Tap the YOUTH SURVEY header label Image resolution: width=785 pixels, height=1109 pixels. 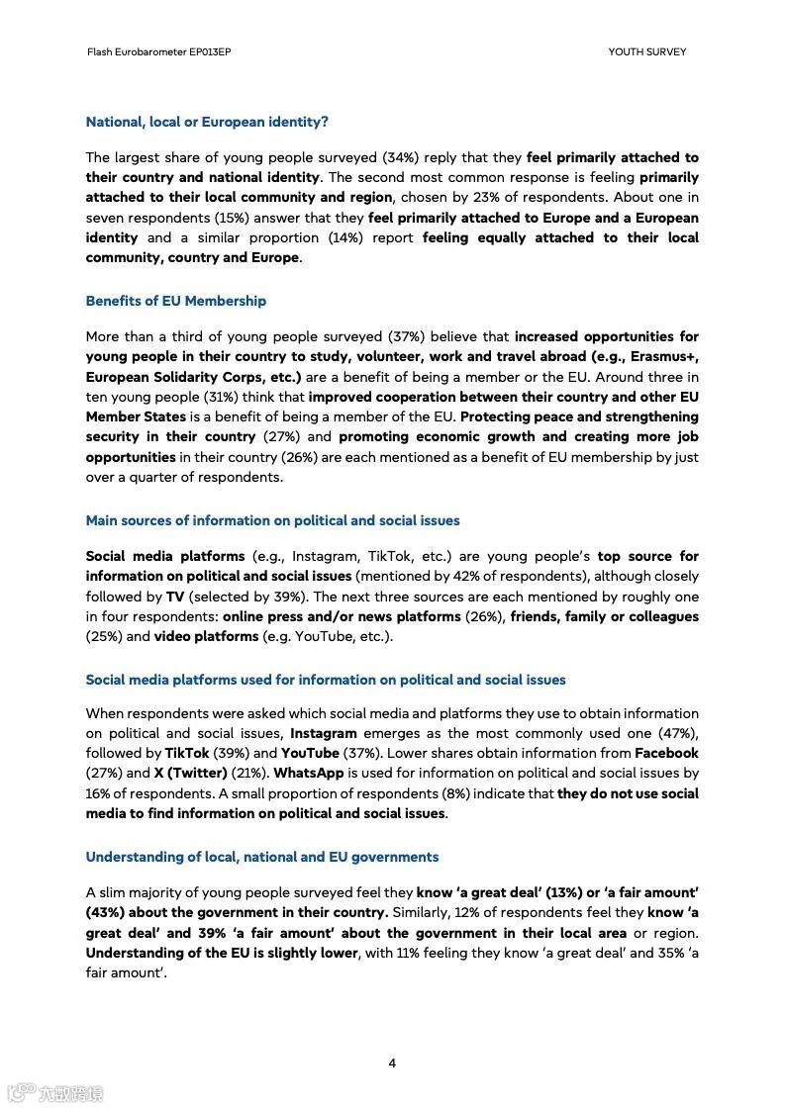646,51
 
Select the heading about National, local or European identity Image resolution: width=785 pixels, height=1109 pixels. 207,122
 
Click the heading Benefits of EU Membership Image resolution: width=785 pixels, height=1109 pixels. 175,301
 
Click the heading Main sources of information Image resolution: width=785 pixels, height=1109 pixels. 272,520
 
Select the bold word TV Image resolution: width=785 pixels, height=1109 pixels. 175,597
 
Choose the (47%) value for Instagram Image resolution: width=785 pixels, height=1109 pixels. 679,733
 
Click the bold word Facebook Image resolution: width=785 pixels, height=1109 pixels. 666,753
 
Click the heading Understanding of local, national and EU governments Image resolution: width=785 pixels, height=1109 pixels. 261,857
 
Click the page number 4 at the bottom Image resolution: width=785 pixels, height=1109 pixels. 392,1063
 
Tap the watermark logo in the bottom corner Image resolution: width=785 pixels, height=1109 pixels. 55,1093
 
